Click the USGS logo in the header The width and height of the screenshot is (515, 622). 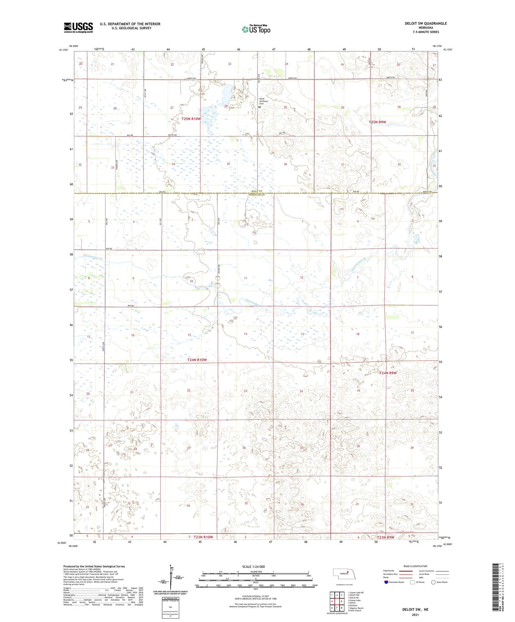coord(78,27)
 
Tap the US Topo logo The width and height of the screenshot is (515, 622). coord(256,30)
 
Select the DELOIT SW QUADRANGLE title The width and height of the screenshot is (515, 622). coord(426,23)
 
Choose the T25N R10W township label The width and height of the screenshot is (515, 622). coord(191,119)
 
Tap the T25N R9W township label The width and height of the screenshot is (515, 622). coord(377,122)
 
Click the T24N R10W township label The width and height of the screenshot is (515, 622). coord(197,360)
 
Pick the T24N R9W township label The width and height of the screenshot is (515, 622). coord(388,373)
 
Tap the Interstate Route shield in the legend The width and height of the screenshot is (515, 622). coord(386,582)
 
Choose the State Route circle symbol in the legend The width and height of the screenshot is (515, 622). coord(433,582)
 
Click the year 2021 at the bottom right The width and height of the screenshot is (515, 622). coord(415,615)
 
